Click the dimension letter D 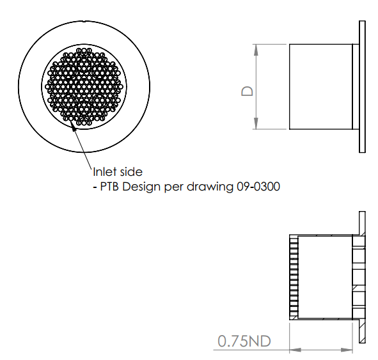point(247,91)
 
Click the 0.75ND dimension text point(244,341)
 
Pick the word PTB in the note point(109,187)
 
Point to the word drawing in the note point(210,187)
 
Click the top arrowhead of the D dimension point(256,50)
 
